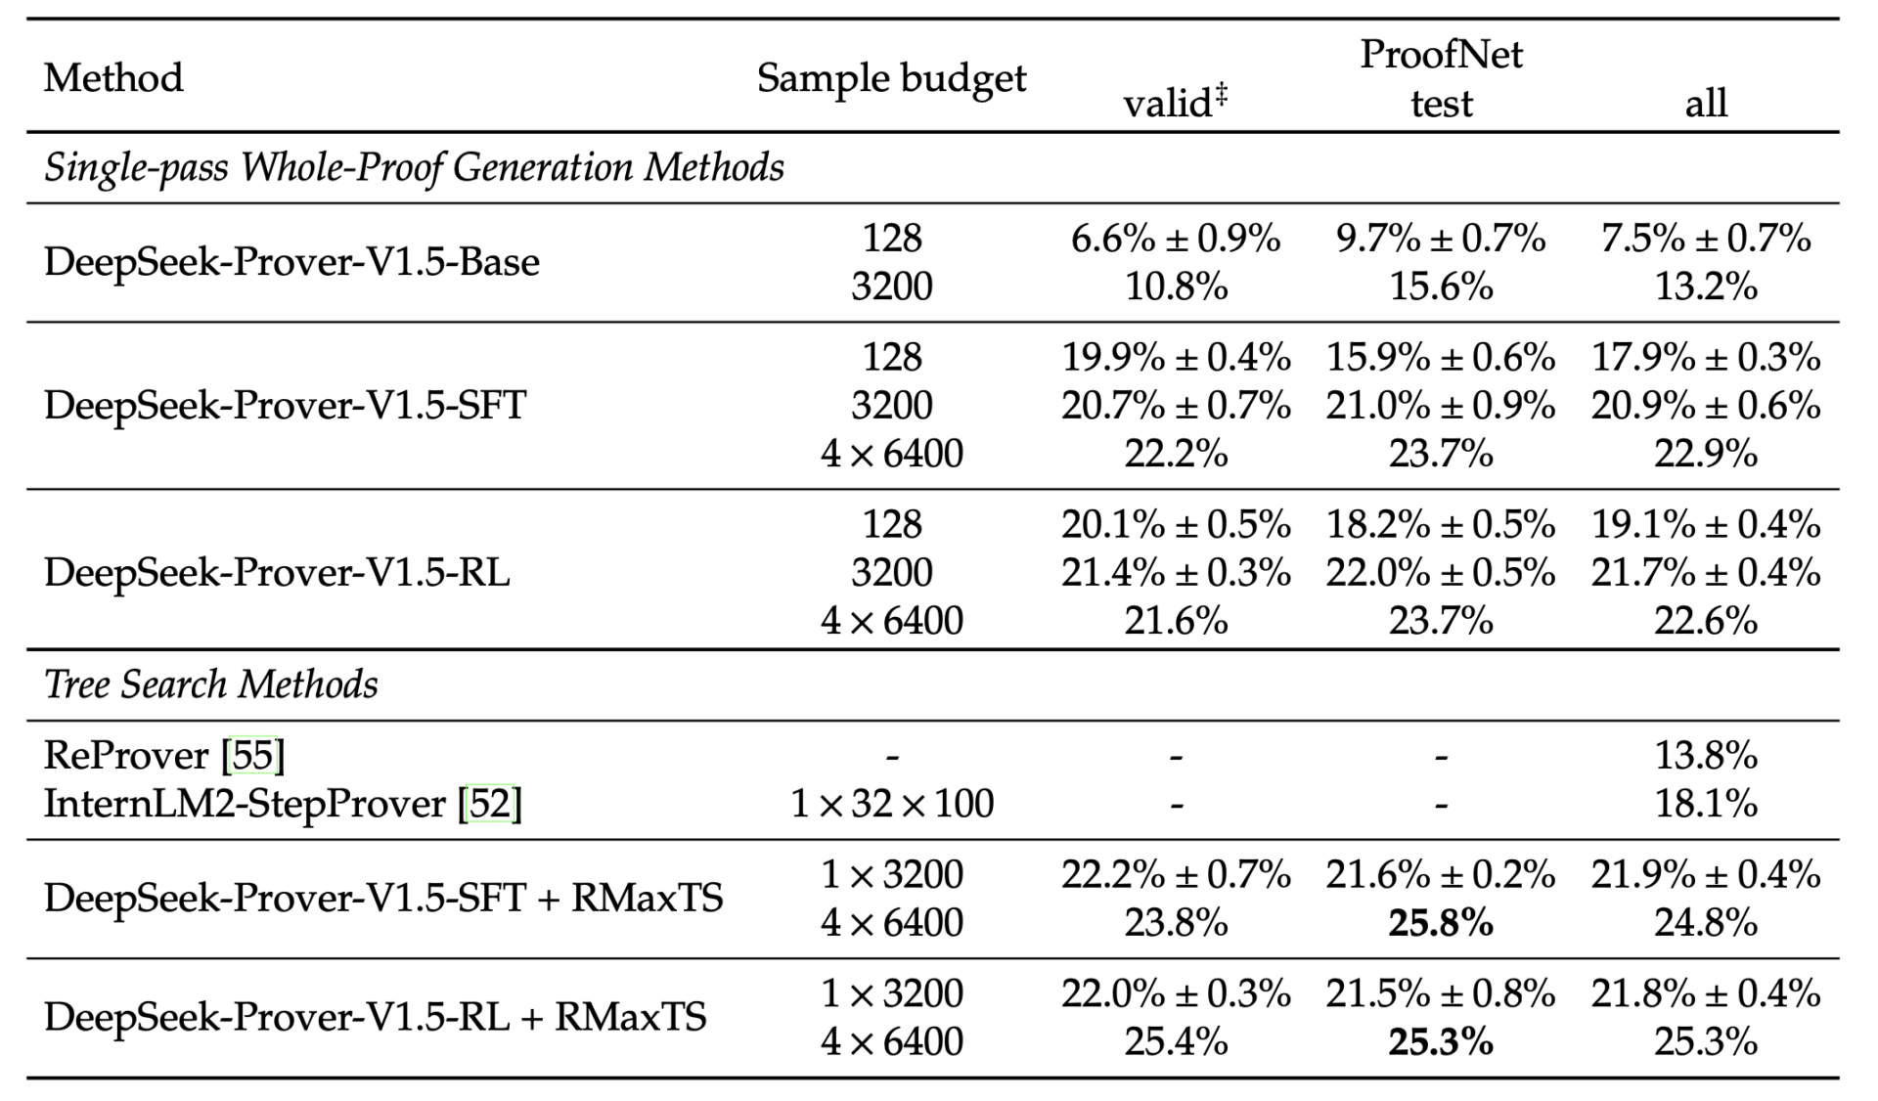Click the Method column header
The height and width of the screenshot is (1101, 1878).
click(113, 78)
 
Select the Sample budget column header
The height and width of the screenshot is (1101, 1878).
click(891, 78)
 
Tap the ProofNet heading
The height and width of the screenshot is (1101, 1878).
click(1441, 54)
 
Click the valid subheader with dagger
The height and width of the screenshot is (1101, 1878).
click(1175, 103)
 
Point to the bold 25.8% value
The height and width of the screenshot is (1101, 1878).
click(1441, 922)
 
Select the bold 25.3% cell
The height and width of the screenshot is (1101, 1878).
click(1441, 1041)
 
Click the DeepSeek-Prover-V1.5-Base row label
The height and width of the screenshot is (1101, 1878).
click(291, 262)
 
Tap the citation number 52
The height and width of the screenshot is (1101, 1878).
click(490, 804)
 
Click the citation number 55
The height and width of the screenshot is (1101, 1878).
click(253, 755)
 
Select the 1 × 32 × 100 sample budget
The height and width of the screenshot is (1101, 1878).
click(891, 804)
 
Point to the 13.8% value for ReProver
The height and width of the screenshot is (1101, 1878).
click(1705, 755)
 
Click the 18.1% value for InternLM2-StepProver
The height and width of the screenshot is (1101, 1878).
click(1705, 804)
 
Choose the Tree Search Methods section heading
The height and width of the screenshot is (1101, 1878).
click(211, 684)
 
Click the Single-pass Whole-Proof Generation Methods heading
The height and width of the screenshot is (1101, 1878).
click(414, 167)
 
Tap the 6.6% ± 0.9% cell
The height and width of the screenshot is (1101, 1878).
click(1175, 238)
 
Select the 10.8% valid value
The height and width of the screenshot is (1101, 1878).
click(1175, 286)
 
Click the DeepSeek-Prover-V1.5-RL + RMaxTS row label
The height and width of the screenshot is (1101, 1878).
click(375, 1017)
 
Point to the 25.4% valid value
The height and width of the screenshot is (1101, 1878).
click(1175, 1041)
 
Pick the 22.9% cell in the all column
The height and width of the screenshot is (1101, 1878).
click(1705, 454)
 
